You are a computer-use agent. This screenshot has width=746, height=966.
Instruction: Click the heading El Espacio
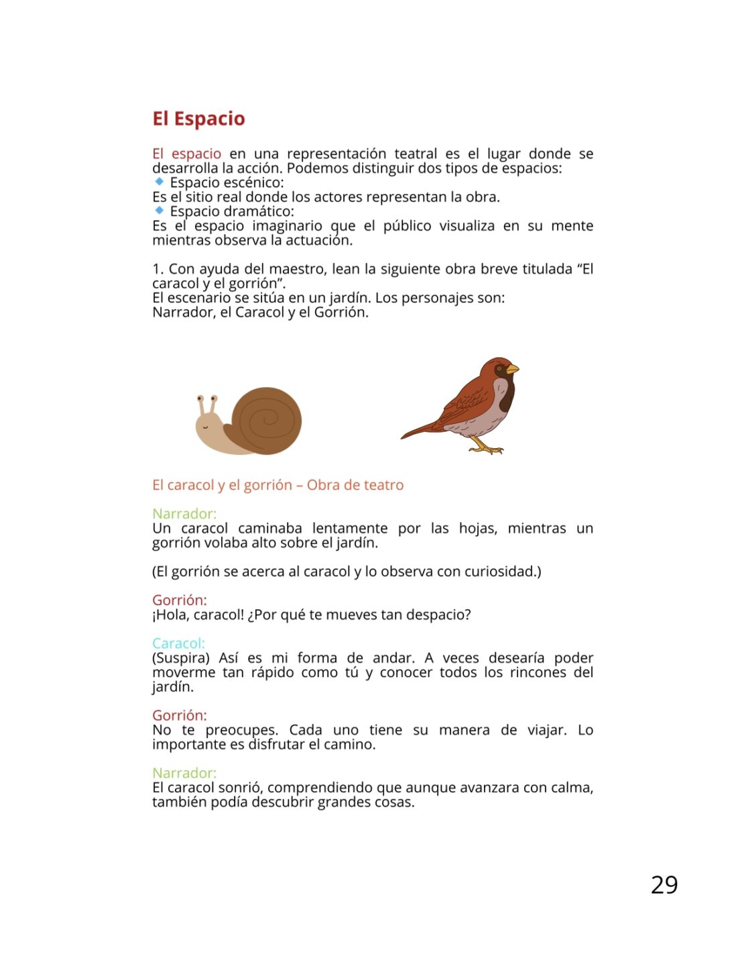(x=198, y=119)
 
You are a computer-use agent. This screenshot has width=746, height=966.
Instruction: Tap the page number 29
(x=664, y=885)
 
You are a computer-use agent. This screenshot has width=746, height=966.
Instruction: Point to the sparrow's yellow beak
(x=512, y=368)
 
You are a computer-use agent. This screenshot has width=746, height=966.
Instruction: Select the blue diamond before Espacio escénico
(x=159, y=182)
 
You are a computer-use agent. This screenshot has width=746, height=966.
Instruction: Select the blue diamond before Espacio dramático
(x=159, y=211)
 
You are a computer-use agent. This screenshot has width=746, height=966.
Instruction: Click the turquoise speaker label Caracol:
(x=178, y=643)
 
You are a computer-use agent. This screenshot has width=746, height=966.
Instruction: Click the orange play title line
(x=277, y=485)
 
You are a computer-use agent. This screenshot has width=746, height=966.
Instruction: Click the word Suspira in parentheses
(x=181, y=658)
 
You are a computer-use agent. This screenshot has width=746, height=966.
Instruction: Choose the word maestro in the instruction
(x=296, y=269)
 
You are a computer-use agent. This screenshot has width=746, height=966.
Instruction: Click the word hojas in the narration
(x=477, y=529)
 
